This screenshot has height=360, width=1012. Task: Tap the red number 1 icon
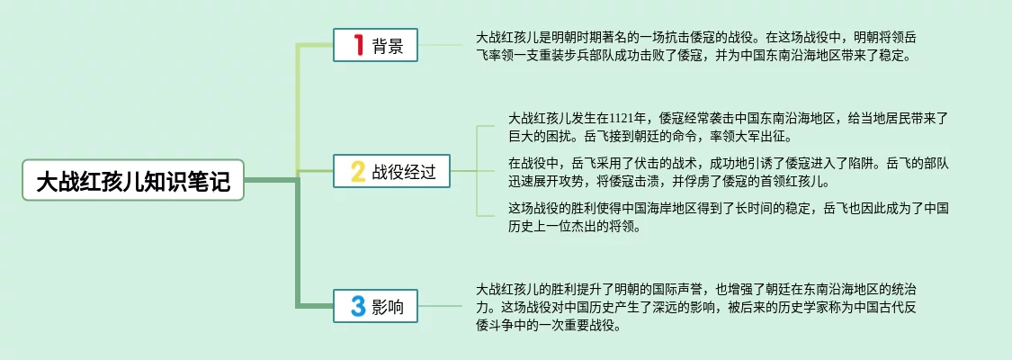coord(357,45)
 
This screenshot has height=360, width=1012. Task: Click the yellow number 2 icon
coord(357,171)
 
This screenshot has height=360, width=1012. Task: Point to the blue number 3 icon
coord(357,307)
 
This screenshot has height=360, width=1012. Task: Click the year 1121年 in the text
coord(628,118)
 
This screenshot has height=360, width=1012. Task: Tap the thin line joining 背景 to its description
coord(446,45)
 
